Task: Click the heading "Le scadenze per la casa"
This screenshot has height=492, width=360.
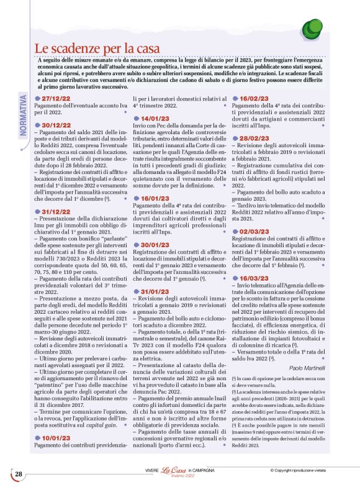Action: [x=97, y=48]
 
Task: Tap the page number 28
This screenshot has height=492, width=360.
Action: [x=19, y=474]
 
